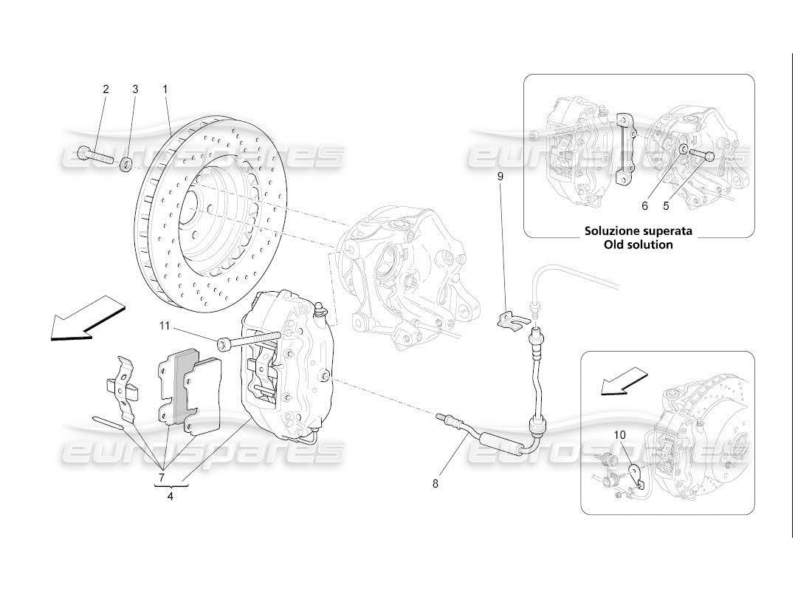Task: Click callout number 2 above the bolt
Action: [106, 89]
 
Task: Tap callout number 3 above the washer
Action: [135, 89]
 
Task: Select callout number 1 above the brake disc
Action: [165, 89]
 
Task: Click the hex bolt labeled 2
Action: [92, 154]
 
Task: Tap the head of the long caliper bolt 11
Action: [223, 344]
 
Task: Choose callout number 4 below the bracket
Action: [171, 496]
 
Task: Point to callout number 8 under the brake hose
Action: [435, 484]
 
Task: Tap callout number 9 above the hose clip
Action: [500, 177]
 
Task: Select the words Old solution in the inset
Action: [639, 245]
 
